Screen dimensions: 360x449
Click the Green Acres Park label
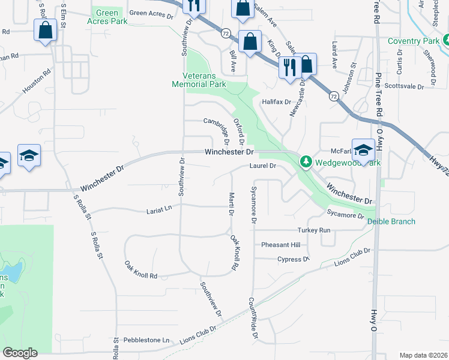(x=107, y=16)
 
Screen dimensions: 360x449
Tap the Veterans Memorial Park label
(x=206, y=80)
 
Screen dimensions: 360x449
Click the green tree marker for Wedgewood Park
(x=306, y=162)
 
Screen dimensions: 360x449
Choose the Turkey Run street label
(x=314, y=230)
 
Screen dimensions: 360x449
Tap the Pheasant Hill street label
(x=280, y=245)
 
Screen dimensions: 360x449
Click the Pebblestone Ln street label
(x=146, y=340)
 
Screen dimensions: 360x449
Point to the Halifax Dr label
(x=276, y=102)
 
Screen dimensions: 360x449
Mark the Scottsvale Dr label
(x=404, y=86)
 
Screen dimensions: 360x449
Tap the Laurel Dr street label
(x=262, y=166)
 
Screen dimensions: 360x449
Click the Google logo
(x=20, y=352)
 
